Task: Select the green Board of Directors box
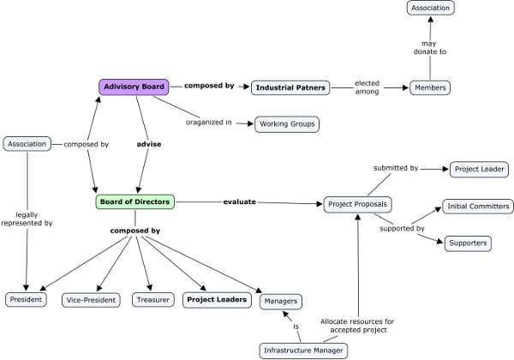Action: [134, 202]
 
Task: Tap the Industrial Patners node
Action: [291, 87]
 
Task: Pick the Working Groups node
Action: [286, 124]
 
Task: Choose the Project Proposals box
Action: [357, 204]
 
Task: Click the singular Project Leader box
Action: [478, 169]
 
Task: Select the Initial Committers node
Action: [478, 206]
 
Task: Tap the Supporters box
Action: [468, 243]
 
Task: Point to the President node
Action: [25, 300]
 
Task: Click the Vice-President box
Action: [91, 300]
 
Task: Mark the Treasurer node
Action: [152, 300]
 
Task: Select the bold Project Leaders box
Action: [218, 300]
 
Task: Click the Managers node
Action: [282, 301]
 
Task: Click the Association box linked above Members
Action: [429, 8]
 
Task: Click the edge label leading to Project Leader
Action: [395, 169]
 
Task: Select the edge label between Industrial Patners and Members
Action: [366, 87]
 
